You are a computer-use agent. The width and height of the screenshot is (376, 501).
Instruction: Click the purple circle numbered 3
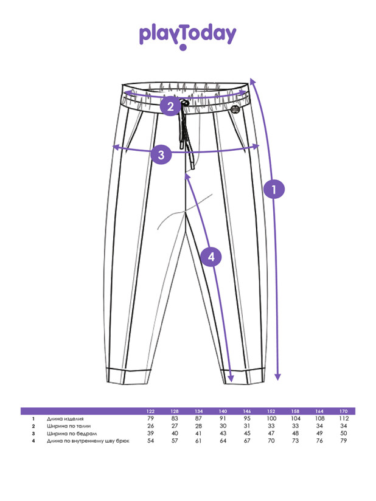click(161, 154)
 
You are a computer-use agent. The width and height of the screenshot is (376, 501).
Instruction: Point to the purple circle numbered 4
click(211, 257)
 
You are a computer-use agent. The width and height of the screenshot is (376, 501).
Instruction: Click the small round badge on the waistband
click(235, 108)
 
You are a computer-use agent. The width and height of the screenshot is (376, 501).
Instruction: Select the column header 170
click(344, 412)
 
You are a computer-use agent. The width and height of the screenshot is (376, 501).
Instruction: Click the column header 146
click(247, 412)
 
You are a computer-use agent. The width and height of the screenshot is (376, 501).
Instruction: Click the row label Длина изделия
click(65, 419)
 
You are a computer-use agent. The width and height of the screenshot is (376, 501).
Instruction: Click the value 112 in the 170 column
click(344, 419)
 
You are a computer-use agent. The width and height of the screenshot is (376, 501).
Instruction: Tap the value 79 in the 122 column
click(151, 419)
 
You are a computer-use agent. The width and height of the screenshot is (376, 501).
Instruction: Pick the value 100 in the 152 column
click(271, 419)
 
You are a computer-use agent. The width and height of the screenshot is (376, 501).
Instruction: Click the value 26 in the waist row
click(151, 426)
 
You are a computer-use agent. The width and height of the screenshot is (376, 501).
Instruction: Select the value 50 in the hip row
click(344, 434)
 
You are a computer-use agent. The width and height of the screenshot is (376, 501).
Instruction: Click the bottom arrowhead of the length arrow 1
click(278, 377)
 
